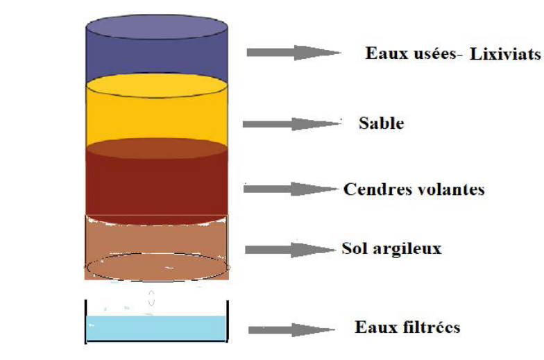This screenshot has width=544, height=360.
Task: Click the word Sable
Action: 381,124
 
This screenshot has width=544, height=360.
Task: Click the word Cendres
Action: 373,189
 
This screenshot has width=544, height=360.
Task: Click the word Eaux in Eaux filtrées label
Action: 371,327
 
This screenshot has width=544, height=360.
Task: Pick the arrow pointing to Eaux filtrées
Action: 291,329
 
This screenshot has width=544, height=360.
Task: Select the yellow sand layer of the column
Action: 156,118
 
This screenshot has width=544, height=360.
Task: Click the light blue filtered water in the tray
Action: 156,328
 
